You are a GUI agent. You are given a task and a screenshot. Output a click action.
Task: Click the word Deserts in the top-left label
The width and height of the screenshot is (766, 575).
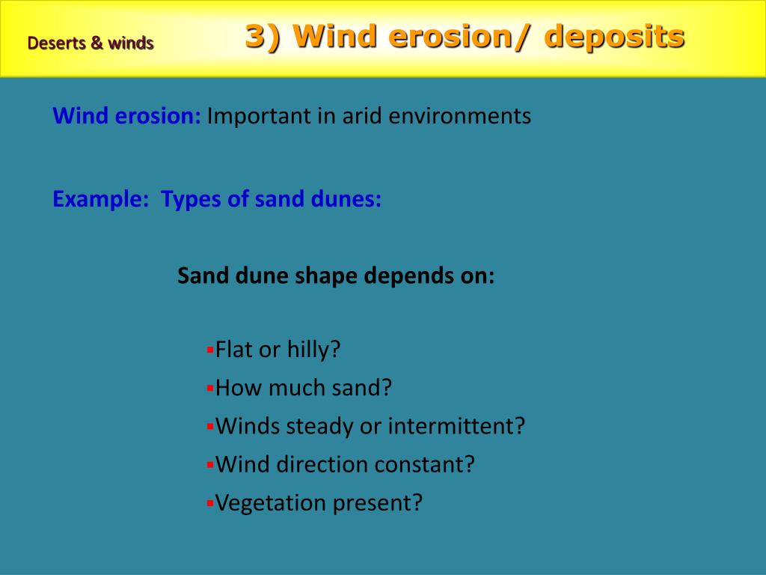pos(56,43)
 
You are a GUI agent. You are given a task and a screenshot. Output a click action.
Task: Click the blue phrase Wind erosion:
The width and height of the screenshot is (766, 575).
pos(126,116)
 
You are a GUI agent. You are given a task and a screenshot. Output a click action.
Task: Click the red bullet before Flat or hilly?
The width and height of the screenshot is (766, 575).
pos(210,349)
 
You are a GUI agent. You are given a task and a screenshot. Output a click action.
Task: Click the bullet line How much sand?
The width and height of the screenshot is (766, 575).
pos(303,388)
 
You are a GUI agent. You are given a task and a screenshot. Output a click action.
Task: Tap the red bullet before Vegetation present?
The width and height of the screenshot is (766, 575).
pos(210,502)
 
